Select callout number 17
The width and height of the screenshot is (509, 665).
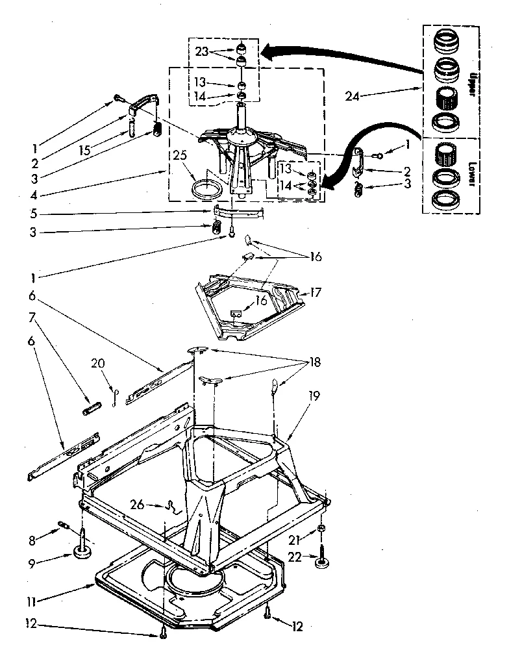[316, 293]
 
